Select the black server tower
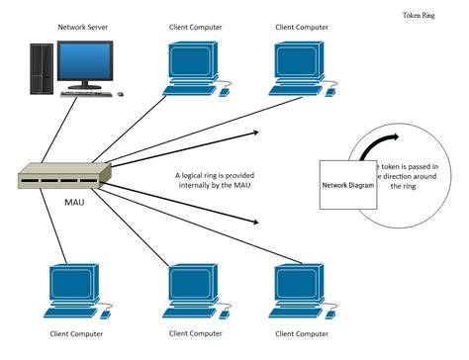pyautogui.click(x=42, y=69)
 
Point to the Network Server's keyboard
pyautogui.click(x=86, y=94)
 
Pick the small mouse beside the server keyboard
pyautogui.click(x=121, y=94)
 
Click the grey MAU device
pyautogui.click(x=61, y=175)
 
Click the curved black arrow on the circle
pyautogui.click(x=374, y=145)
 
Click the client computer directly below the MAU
pyautogui.click(x=69, y=288)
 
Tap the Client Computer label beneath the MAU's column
pyautogui.click(x=75, y=333)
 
